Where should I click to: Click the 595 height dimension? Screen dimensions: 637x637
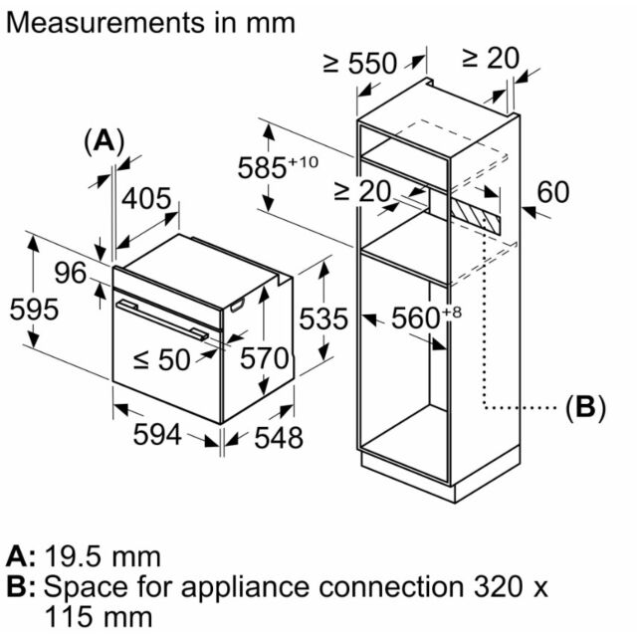(x=34, y=310)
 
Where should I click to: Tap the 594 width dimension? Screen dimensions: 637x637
(x=157, y=434)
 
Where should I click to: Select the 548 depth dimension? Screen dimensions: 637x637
(x=279, y=438)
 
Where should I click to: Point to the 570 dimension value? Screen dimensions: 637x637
(x=264, y=358)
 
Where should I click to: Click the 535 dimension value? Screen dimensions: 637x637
(x=323, y=318)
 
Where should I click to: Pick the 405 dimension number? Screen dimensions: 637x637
(x=146, y=199)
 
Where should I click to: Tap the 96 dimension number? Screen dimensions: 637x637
(x=71, y=273)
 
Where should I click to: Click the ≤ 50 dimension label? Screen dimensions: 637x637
(x=162, y=359)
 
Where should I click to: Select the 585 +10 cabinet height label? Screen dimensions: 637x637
(x=278, y=166)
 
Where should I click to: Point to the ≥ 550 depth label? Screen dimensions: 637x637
(x=360, y=64)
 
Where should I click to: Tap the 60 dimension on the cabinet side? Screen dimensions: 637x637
(x=553, y=192)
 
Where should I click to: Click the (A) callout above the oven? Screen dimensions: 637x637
(x=104, y=141)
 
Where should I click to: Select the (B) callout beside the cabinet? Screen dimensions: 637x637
(x=585, y=407)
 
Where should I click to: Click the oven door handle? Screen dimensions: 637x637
(x=162, y=319)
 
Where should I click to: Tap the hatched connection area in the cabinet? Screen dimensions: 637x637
(x=476, y=214)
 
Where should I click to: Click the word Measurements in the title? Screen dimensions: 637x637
(x=106, y=23)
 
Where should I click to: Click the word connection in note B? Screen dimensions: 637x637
(x=391, y=587)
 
